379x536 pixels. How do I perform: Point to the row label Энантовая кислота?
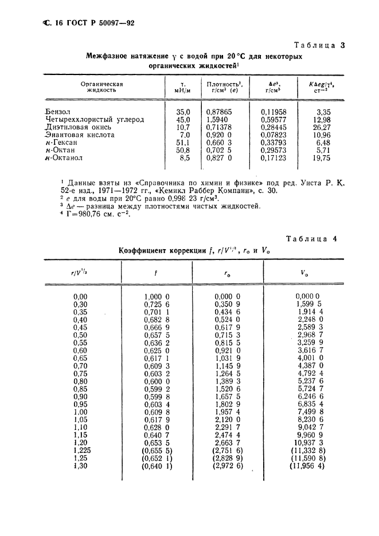79,135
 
